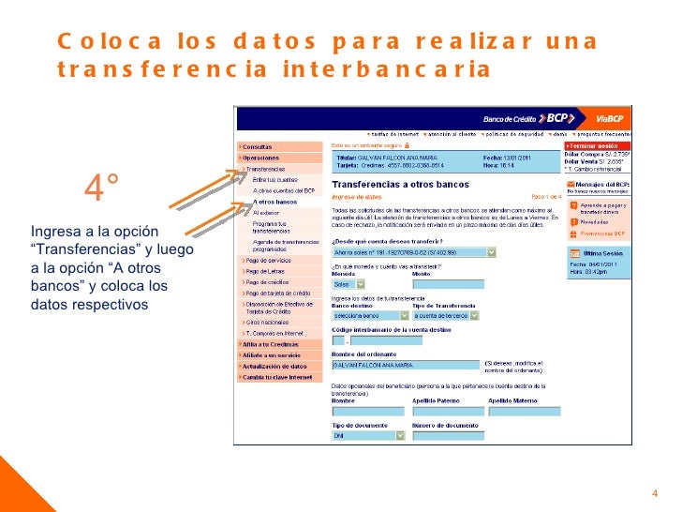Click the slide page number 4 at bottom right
coord(655,495)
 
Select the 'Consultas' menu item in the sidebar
coord(259,147)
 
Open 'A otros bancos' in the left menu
coord(274,202)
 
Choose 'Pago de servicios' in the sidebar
coord(270,259)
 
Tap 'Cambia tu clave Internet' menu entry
coord(277,376)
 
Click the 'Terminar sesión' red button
coord(599,146)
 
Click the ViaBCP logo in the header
coord(609,119)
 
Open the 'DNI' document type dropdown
coord(368,435)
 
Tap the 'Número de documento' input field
coord(447,435)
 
